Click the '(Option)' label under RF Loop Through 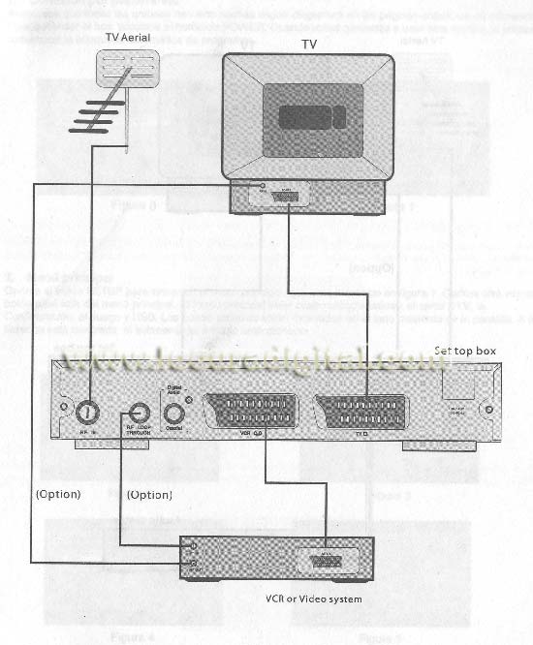(x=151, y=495)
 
